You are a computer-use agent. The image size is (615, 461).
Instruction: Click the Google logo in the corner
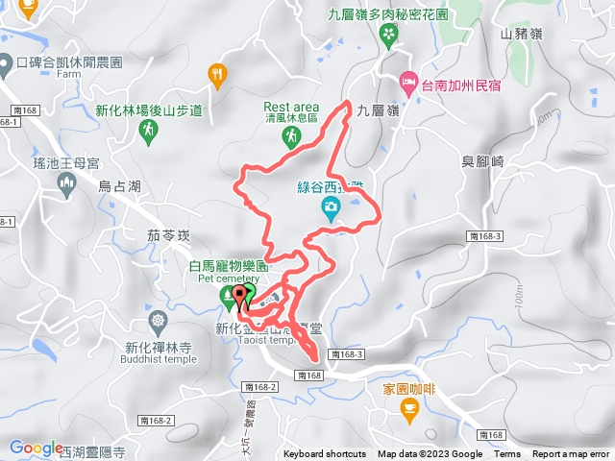pos(37,448)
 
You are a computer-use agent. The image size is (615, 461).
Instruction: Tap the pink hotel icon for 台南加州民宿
pos(409,83)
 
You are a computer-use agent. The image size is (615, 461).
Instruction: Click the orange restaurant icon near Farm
pos(218,73)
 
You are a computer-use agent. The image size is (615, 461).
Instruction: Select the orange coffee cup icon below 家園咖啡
pos(410,411)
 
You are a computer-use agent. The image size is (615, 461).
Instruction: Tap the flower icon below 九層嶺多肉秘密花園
pos(388,36)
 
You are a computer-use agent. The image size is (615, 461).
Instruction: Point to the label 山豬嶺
pos(522,34)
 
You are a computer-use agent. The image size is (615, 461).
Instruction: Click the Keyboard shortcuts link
pos(325,454)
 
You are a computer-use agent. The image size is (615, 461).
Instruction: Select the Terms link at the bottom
pos(507,454)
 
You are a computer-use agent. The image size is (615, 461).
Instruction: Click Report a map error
pos(573,454)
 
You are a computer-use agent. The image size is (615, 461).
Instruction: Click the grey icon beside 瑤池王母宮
pos(67,185)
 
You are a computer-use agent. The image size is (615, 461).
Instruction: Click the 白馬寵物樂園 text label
pos(229,265)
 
